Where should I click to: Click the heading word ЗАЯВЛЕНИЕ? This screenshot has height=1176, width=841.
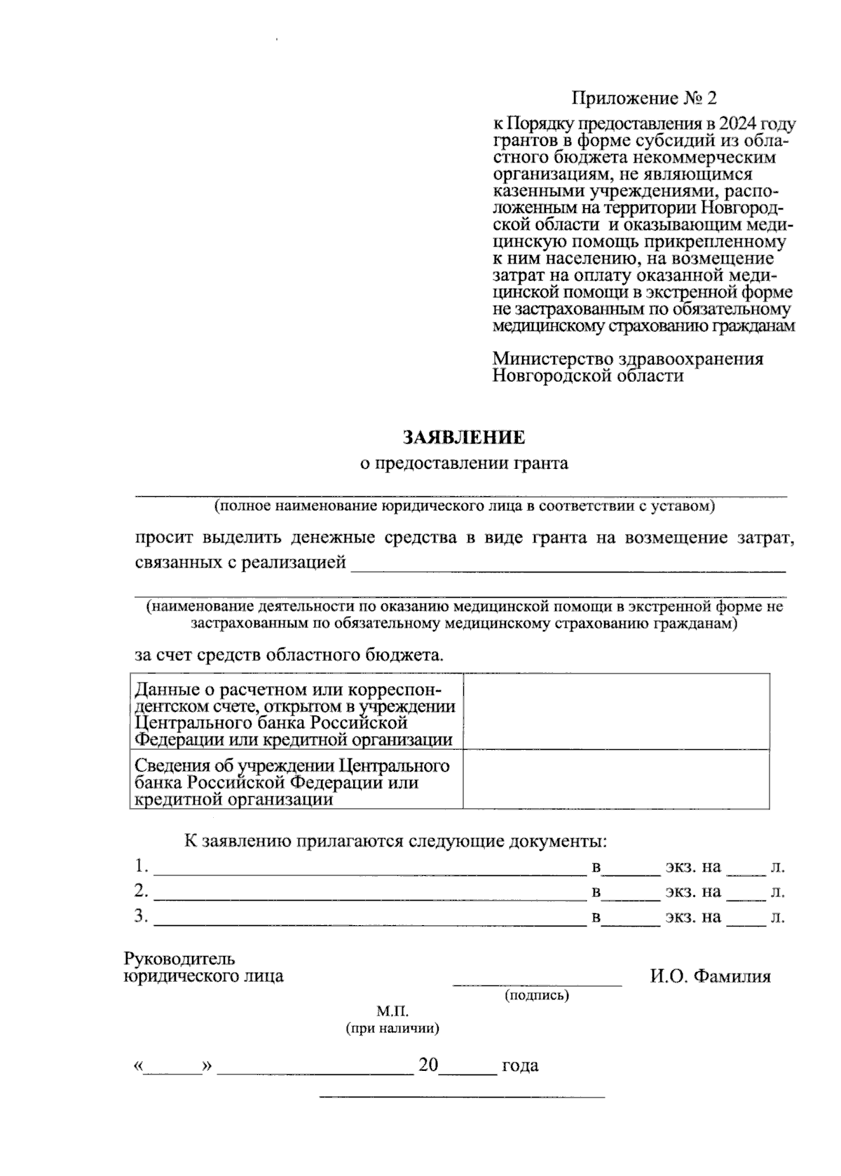[x=463, y=438]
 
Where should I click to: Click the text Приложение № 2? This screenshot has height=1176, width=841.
[x=644, y=97]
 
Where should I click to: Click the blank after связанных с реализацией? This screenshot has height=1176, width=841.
[x=568, y=570]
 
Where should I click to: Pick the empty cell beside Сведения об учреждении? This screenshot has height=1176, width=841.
[x=615, y=779]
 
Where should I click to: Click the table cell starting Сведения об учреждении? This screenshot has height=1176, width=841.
[x=296, y=779]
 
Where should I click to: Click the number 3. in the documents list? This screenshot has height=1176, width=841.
[x=142, y=916]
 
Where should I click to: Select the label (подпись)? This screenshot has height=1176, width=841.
[x=537, y=995]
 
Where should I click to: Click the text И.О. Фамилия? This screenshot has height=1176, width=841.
[x=710, y=976]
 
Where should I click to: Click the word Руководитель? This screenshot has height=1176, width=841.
[x=179, y=958]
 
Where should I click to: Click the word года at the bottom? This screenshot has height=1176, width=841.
[x=520, y=1066]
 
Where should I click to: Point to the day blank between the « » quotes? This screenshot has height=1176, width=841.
[x=172, y=1071]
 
